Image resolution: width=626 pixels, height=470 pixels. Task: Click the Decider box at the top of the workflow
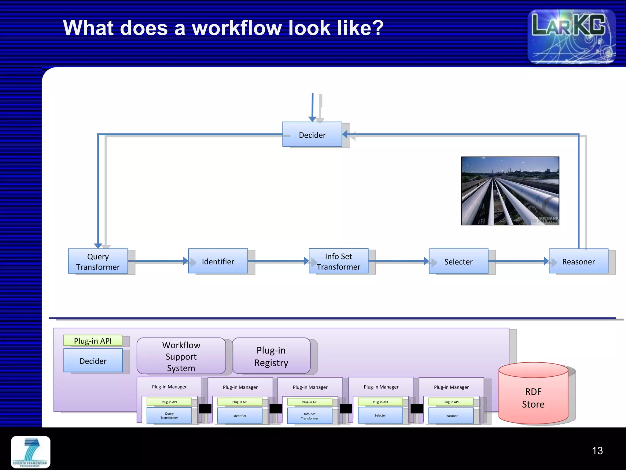tap(312, 134)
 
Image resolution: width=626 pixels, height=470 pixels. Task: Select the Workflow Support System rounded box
tap(181, 356)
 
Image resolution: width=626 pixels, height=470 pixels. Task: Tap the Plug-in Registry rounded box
tap(271, 356)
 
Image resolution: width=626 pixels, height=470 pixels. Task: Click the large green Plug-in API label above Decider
tap(93, 341)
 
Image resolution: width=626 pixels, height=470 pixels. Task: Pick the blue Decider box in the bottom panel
tap(93, 361)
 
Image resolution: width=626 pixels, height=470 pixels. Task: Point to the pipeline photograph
tap(510, 191)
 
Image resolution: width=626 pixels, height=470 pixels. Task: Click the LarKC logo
tap(571, 36)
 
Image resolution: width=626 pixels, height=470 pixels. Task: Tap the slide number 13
tap(597, 450)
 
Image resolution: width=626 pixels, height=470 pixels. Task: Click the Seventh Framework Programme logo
tap(31, 452)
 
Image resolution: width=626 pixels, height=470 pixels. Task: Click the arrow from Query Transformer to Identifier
tap(157, 261)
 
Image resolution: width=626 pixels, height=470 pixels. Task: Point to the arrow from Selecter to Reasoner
tap(518, 261)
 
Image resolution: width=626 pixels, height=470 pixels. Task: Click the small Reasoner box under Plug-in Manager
tap(451, 416)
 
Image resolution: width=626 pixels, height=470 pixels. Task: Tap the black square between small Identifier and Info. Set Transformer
tap(275, 408)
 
